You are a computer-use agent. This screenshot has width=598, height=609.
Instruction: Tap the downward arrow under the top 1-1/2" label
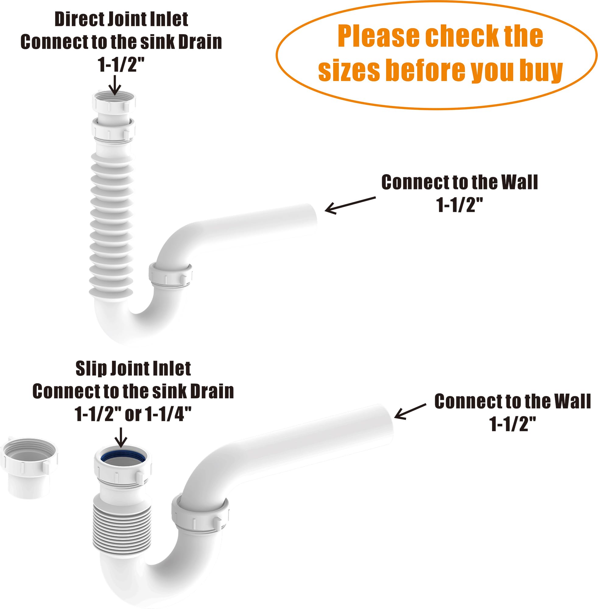[x=115, y=85]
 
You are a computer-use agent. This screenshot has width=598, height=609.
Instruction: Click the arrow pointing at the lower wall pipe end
[x=410, y=411]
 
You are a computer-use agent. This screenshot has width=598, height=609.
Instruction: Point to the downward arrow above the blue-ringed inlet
[x=121, y=437]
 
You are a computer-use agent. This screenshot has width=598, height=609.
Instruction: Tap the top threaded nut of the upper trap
[x=114, y=100]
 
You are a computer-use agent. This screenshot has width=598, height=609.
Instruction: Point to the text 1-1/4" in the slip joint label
[x=169, y=414]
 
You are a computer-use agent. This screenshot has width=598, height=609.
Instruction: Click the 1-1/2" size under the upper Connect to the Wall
[x=459, y=205]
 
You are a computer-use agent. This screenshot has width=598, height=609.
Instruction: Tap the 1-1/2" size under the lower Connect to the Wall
[x=512, y=424]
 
